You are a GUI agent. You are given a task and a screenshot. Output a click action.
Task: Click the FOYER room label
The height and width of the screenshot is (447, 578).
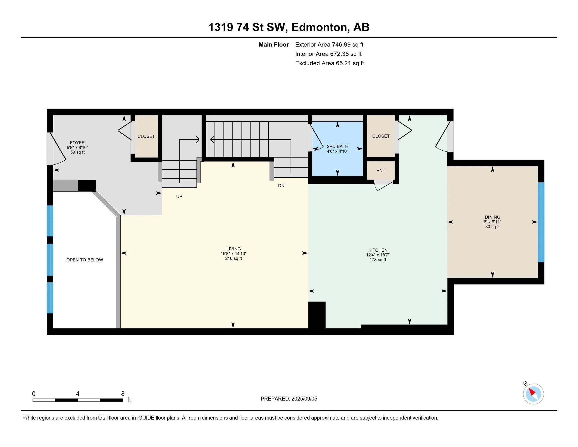(77, 143)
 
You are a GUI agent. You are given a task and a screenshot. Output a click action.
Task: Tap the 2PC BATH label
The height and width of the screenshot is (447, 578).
(337, 146)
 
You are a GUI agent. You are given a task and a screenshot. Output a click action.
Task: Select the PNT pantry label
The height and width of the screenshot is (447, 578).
(381, 171)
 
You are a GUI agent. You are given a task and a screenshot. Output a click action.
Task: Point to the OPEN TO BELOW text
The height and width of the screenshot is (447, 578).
(85, 260)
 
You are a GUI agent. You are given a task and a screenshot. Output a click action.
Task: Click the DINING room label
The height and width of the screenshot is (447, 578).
(493, 217)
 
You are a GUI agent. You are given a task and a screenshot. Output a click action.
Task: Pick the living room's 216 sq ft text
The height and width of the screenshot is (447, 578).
(234, 258)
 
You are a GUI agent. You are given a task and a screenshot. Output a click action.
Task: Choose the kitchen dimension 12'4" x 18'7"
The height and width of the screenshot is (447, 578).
(378, 255)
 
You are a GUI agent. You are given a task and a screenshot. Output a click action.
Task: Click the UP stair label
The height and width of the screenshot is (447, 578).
(179, 196)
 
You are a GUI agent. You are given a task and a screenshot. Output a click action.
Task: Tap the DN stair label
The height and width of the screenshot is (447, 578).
(281, 186)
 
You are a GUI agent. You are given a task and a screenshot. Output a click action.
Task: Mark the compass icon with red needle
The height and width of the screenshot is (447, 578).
(533, 394)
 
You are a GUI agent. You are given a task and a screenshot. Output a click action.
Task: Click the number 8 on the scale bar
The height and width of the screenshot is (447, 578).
(123, 394)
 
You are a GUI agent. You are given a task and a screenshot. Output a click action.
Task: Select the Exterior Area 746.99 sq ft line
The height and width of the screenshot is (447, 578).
(329, 45)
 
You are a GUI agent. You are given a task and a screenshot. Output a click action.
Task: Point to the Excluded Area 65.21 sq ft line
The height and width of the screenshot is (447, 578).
(330, 63)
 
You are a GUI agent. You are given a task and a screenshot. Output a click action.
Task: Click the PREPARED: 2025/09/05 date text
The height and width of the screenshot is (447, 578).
(289, 399)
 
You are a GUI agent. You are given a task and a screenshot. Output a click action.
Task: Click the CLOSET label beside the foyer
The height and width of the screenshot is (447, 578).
(146, 136)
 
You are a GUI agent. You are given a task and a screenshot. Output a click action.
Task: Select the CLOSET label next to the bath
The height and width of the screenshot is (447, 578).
(381, 136)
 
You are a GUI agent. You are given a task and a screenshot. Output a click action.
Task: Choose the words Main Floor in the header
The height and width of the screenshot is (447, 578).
(274, 45)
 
